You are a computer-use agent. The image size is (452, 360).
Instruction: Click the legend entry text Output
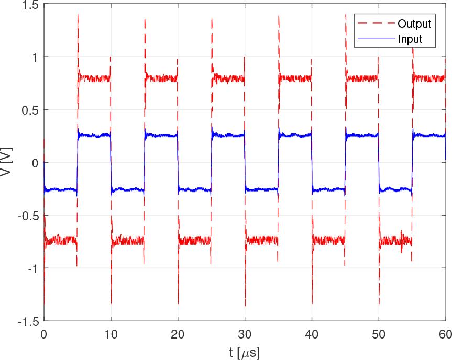414,24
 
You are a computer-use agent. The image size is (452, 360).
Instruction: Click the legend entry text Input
410,39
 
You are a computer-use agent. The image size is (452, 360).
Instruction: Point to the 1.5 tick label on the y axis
30,5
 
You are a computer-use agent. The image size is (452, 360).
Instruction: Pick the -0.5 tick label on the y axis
28,216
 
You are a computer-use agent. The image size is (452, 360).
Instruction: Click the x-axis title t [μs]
244,352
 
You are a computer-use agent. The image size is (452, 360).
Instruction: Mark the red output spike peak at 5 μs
78,16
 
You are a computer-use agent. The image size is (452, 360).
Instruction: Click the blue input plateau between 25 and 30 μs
228,135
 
